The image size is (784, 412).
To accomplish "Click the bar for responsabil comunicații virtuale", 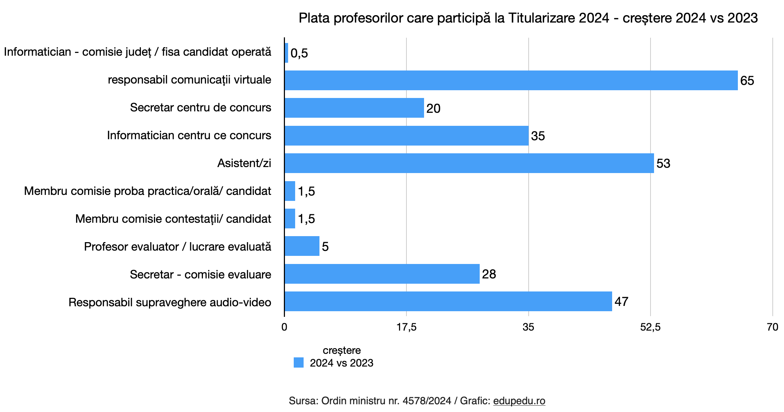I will point(511,80).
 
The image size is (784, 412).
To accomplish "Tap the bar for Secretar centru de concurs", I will point(354,108).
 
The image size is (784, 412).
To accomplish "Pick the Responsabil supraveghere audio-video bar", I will point(448,301).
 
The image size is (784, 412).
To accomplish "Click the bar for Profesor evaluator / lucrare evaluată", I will point(302,246).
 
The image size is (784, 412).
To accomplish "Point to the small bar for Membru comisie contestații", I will point(290,219).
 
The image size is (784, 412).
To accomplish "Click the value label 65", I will point(747,81).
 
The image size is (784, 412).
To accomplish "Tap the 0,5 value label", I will point(299,53).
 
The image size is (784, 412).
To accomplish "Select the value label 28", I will point(489,274).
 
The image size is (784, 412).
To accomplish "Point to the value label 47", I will point(621,302).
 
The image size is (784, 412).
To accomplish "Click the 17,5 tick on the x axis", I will point(406,327).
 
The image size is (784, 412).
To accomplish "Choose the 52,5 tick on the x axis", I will point(650,327).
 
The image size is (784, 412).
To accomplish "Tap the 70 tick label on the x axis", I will point(772,327).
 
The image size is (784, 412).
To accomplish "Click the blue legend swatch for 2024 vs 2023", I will point(299,363).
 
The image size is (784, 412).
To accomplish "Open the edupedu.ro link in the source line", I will point(519,401).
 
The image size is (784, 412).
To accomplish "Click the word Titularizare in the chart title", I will point(541,18).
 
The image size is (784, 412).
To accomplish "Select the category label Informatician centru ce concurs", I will point(189,135).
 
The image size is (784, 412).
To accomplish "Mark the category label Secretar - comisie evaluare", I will point(200,274).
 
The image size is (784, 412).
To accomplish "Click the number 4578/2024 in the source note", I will point(427,401).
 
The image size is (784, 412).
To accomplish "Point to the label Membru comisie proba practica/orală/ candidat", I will point(148,191).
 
